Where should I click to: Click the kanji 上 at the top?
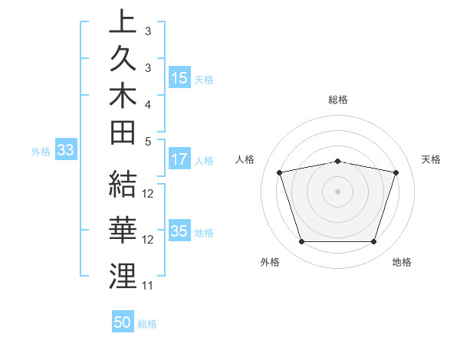pyautogui.click(x=123, y=22)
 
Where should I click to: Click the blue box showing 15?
pyautogui.click(x=179, y=78)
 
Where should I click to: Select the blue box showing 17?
pyautogui.click(x=179, y=160)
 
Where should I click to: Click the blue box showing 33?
pyautogui.click(x=65, y=151)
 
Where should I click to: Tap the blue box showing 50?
pyautogui.click(x=123, y=322)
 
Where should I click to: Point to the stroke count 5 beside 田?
pyautogui.click(x=147, y=142)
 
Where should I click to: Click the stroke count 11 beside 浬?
pyautogui.click(x=148, y=286)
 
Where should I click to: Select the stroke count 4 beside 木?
pyautogui.click(x=147, y=103)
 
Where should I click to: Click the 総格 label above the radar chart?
pyautogui.click(x=338, y=100)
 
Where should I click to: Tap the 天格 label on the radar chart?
pyautogui.click(x=432, y=159)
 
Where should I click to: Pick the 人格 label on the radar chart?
pyautogui.click(x=245, y=159)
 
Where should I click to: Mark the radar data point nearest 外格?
pyautogui.click(x=301, y=242)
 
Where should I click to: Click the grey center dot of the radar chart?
pyautogui.click(x=338, y=191)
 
